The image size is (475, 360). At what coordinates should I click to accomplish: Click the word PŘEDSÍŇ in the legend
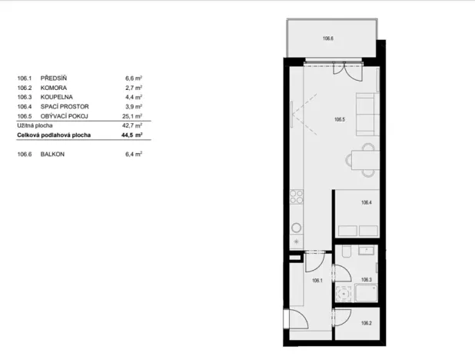[55, 78]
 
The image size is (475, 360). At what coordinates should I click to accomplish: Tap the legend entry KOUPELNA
[56, 97]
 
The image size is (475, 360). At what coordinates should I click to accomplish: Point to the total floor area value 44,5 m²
[134, 135]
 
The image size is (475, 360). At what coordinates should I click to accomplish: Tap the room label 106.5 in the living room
[339, 119]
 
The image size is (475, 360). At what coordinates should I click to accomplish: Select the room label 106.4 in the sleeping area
[367, 202]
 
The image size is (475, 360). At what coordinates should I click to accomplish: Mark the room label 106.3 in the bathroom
[367, 280]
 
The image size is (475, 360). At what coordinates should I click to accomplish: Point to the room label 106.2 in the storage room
[367, 323]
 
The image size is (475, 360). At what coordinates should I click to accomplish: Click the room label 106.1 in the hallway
[316, 281]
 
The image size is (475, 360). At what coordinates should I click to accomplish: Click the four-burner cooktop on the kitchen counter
[295, 198]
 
